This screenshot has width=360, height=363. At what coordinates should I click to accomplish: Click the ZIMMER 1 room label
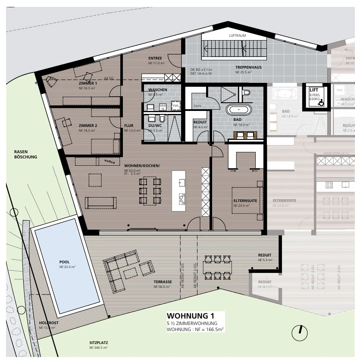pyautogui.click(x=88, y=83)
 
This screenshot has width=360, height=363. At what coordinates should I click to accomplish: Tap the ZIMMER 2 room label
pyautogui.click(x=88, y=125)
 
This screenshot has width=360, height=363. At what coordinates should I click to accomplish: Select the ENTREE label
pyautogui.click(x=155, y=58)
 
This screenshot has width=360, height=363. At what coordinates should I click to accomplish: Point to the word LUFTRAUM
pyautogui.click(x=237, y=36)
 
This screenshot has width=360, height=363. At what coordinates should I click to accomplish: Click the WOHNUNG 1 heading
pyautogui.click(x=190, y=316)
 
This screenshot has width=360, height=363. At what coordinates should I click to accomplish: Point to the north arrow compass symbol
pyautogui.click(x=300, y=332)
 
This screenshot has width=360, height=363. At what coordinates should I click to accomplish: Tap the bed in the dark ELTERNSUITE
pyautogui.click(x=247, y=200)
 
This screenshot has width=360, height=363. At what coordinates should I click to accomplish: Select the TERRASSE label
pyautogui.click(x=163, y=282)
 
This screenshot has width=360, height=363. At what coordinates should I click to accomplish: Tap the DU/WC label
pyautogui.click(x=154, y=126)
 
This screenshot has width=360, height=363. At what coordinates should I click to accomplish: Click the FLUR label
pyautogui.click(x=129, y=126)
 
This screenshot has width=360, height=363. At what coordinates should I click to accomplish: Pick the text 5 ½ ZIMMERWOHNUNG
pyautogui.click(x=189, y=323)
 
